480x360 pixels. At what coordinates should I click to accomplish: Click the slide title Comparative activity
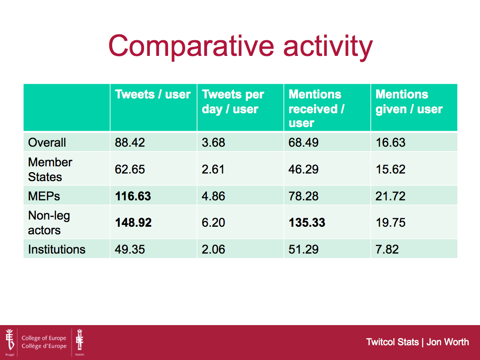tap(240, 46)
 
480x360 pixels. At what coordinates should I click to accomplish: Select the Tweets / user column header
tap(153, 94)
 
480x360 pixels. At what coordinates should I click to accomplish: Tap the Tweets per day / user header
tap(233, 102)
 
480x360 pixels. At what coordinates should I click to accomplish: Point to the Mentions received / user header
tap(316, 109)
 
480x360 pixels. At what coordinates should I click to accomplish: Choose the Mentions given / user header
tap(409, 102)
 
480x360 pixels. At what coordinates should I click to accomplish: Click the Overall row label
tap(47, 143)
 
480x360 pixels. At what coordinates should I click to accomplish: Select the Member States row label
tap(50, 169)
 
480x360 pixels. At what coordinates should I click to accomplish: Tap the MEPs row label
tap(44, 196)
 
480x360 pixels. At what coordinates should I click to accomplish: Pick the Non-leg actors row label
tap(49, 223)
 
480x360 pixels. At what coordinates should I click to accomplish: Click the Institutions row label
tap(57, 250)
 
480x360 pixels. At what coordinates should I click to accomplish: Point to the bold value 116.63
tap(133, 196)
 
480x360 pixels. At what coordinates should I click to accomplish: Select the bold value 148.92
tap(133, 223)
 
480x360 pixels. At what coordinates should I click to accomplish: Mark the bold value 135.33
tap(307, 223)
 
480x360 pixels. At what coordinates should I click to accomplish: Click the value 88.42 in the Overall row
tap(130, 143)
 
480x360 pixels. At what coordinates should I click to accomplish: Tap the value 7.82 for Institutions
tap(387, 250)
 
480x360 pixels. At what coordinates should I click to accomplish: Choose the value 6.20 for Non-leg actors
tap(213, 223)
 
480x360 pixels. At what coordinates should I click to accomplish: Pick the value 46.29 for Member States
tap(303, 169)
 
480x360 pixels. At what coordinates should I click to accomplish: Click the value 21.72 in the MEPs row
tap(390, 196)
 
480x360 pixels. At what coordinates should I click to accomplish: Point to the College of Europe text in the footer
tap(44, 338)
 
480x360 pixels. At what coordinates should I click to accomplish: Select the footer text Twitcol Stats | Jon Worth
tap(417, 342)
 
